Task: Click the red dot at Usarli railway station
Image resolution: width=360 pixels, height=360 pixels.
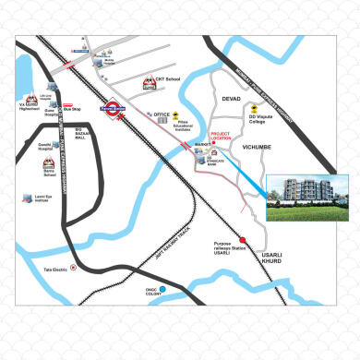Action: click(244, 240)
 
